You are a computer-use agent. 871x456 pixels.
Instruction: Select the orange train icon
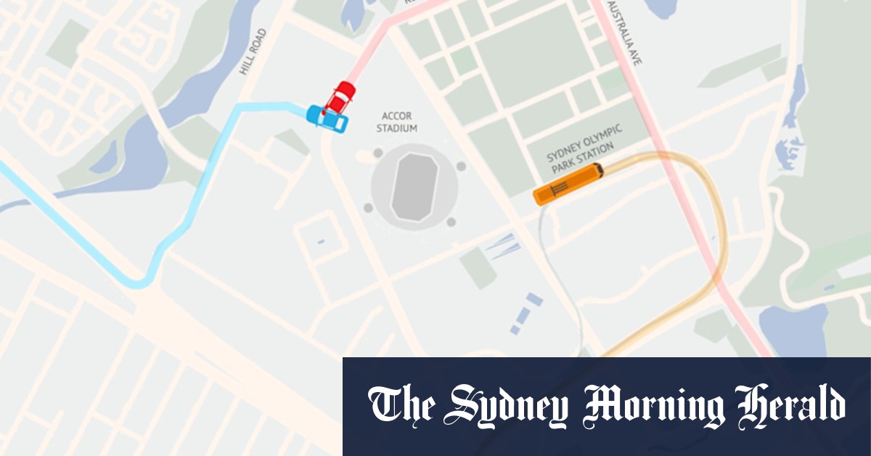568,184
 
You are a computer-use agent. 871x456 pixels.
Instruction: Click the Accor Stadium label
399,122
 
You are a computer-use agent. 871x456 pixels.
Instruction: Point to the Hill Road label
255,52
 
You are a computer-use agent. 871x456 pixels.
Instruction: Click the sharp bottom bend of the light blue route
142,282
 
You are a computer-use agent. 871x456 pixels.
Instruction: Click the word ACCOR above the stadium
398,116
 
